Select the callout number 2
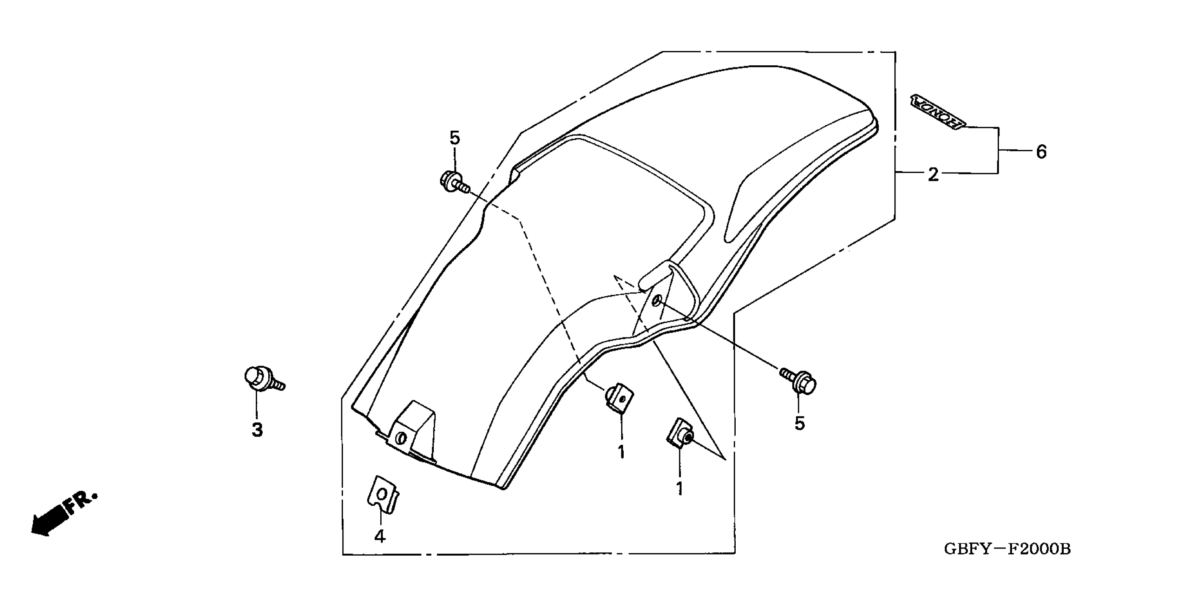pyautogui.click(x=933, y=175)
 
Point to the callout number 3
pyautogui.click(x=257, y=430)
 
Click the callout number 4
pyautogui.click(x=380, y=536)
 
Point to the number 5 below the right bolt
pyautogui.click(x=800, y=423)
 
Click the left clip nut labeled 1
pyautogui.click(x=618, y=398)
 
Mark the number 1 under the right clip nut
pyautogui.click(x=679, y=488)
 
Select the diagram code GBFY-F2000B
pyautogui.click(x=1007, y=549)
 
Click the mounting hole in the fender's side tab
pyautogui.click(x=656, y=302)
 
